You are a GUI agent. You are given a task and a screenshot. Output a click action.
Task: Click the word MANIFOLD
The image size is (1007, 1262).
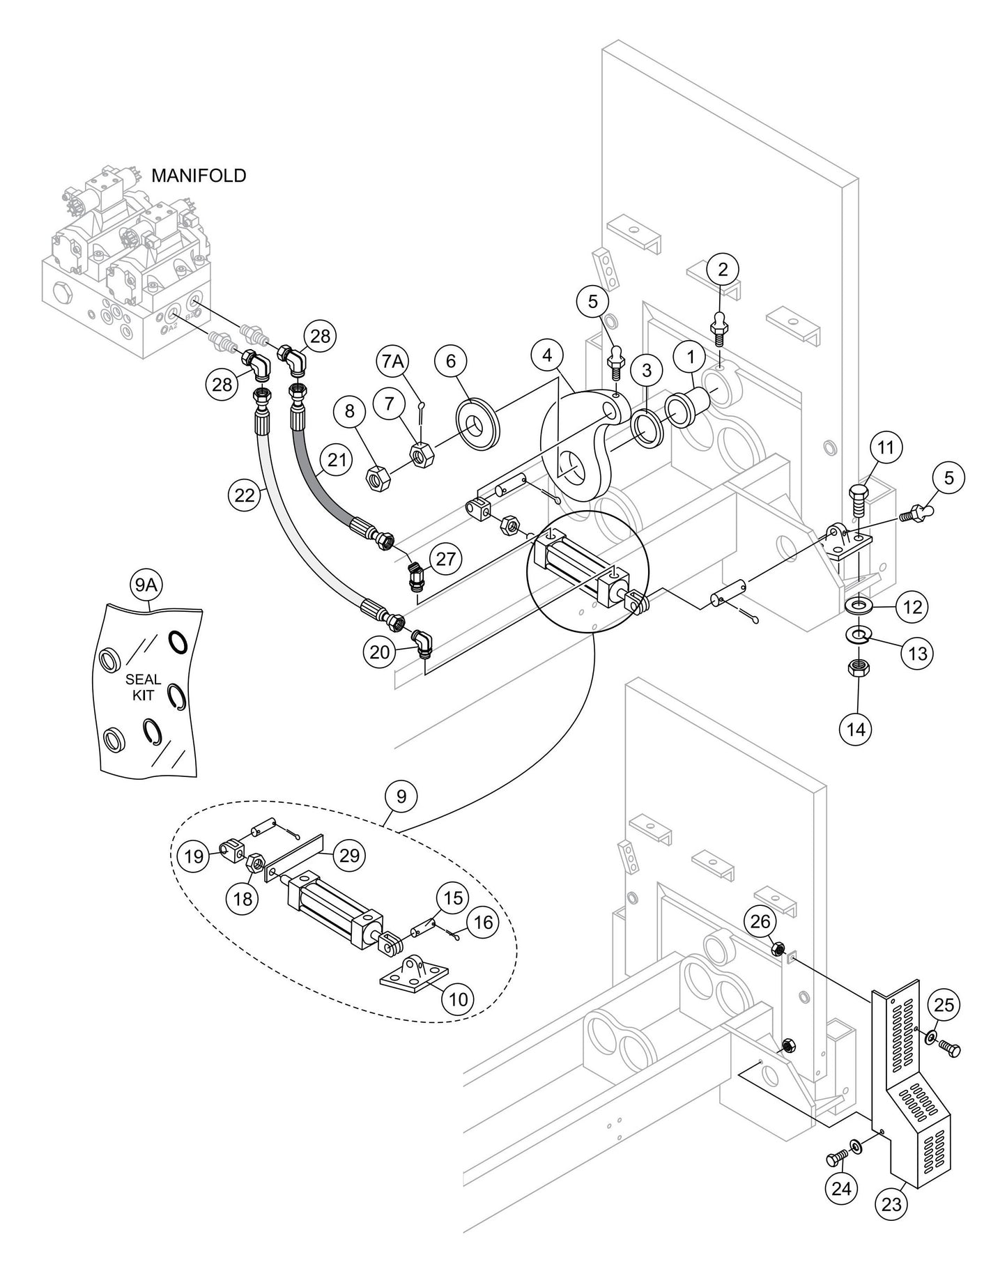[199, 176]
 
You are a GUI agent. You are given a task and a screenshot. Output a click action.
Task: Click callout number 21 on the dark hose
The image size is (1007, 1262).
[337, 459]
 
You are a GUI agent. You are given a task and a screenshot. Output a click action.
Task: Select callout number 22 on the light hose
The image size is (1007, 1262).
[245, 494]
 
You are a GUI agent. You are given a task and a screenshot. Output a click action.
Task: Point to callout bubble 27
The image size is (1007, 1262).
[447, 558]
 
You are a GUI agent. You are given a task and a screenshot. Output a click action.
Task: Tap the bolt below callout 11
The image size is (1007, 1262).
[858, 500]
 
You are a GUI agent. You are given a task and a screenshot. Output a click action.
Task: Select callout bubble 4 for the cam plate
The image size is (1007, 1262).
[548, 355]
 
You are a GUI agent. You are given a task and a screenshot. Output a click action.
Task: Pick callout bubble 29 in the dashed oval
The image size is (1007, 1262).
[349, 854]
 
